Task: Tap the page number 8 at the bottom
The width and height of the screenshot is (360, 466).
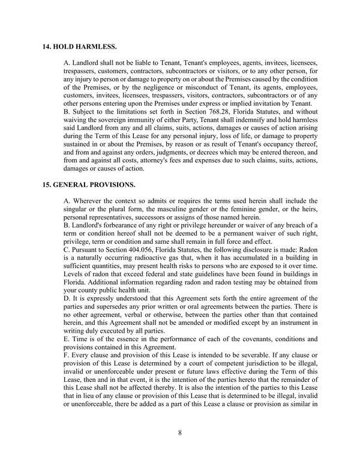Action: (x=179, y=431)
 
